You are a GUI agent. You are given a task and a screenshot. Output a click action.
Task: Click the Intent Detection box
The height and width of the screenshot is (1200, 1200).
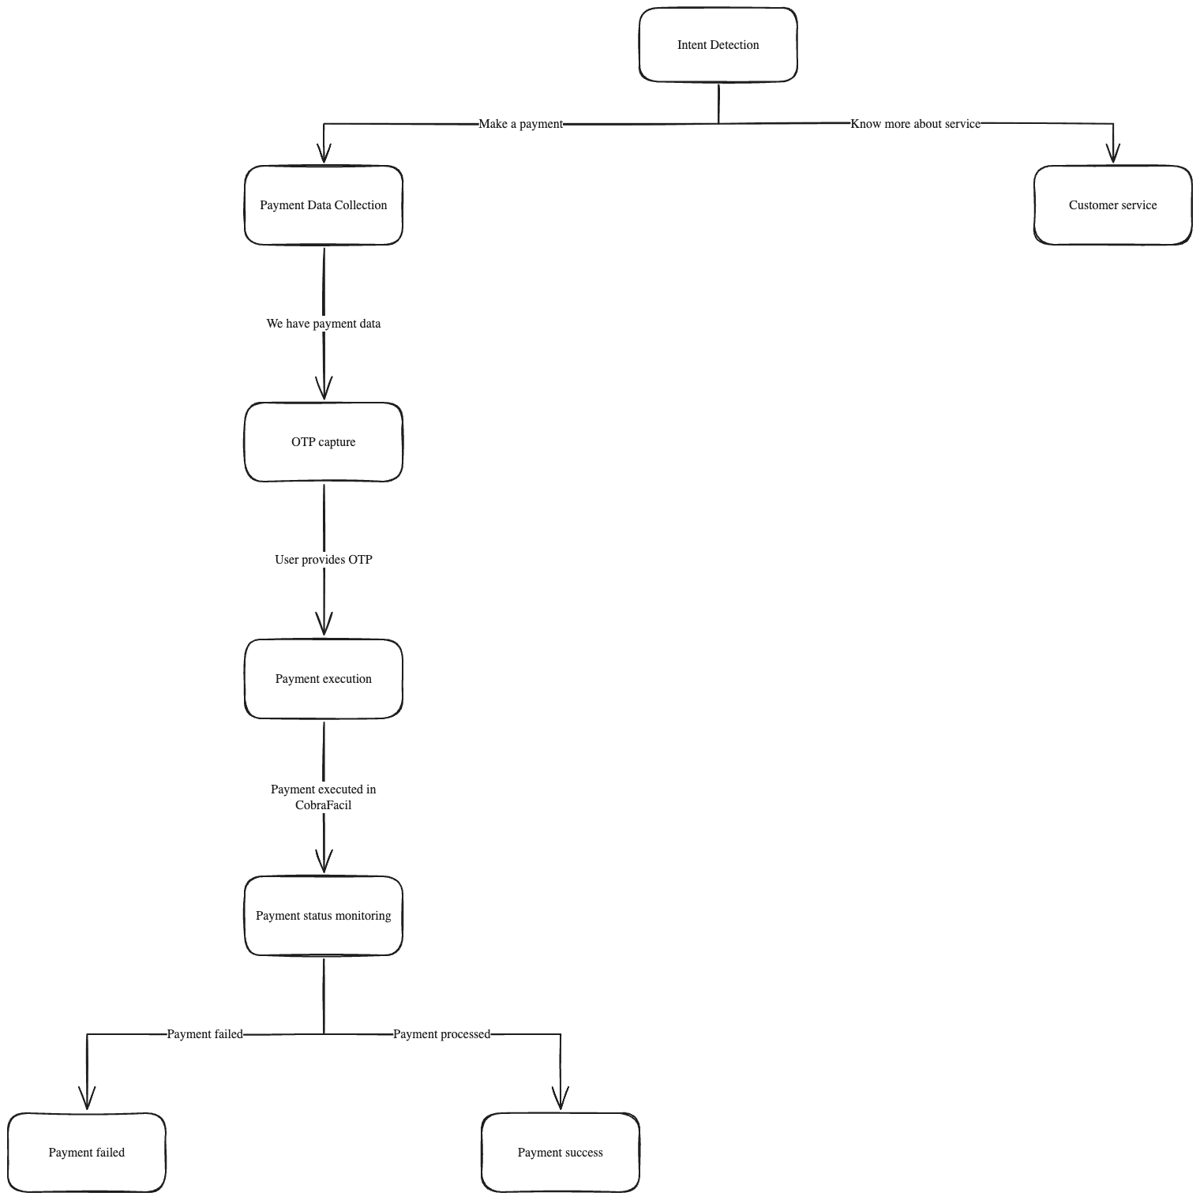718,45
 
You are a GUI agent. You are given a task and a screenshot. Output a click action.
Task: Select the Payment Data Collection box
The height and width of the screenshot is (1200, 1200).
323,205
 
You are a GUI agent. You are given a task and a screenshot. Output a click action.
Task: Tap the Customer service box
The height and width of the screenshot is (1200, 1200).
1112,205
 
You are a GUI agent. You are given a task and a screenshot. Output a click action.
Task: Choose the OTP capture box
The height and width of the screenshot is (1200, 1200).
323,442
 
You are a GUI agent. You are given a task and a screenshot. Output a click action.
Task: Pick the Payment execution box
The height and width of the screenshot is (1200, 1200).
323,679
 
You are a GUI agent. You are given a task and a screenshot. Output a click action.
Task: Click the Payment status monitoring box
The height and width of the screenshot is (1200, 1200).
323,916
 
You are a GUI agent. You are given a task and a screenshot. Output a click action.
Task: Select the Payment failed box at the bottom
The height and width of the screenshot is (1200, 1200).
86,1153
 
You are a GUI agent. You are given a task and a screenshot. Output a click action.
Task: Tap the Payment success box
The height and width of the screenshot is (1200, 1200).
560,1153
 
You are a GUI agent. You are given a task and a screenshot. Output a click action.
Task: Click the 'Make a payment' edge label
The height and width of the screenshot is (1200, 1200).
520,124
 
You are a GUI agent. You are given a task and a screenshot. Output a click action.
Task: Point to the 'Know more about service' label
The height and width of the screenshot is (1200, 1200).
915,124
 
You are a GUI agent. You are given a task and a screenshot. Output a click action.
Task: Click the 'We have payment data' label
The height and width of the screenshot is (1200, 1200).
323,324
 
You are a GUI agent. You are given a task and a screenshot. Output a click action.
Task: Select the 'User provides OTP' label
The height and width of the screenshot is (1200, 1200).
323,560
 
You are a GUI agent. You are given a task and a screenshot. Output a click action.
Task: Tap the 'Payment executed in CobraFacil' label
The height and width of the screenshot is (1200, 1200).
323,797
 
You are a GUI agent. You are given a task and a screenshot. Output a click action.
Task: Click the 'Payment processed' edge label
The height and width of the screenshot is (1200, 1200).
441,1034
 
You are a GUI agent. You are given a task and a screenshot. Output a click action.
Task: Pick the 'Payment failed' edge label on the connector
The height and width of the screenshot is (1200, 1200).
204,1034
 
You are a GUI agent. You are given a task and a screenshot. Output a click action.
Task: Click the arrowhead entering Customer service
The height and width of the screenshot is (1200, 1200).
1112,153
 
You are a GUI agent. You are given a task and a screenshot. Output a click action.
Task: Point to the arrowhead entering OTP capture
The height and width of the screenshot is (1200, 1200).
324,389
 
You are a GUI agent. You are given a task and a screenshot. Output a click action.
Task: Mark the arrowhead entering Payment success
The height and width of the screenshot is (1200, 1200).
561,1099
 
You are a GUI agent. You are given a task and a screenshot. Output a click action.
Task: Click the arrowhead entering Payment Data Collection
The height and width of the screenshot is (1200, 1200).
324,153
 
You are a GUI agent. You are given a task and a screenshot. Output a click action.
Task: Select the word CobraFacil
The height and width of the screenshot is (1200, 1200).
323,805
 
